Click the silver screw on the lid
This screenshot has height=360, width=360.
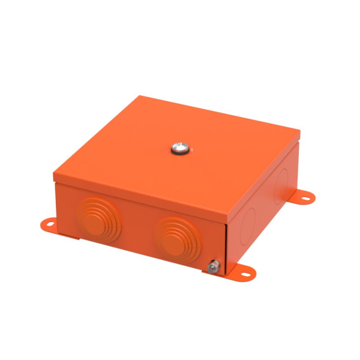pos(179,146)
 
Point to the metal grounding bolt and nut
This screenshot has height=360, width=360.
pos(212,266)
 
